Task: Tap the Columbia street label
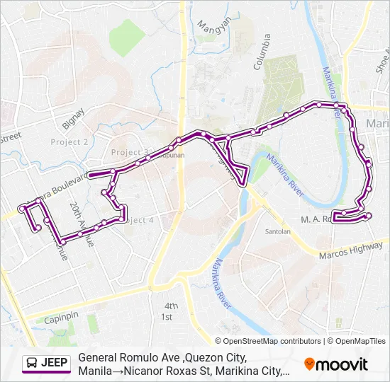[262, 52]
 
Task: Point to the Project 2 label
[69, 141]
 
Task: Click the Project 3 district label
[130, 153]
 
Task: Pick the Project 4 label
[138, 220]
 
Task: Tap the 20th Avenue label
[81, 224]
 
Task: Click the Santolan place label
[277, 231]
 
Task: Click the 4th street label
[170, 306]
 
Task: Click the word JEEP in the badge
[55, 364]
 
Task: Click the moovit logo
[336, 364]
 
